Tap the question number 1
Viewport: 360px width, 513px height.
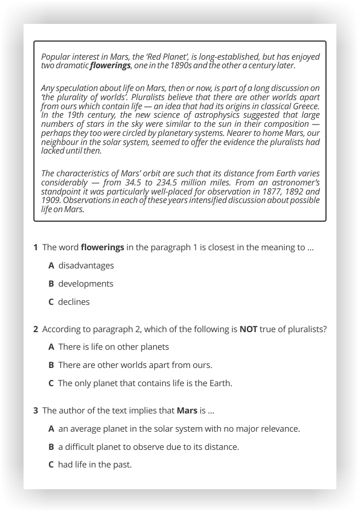(35, 247)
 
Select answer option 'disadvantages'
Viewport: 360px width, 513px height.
(86, 266)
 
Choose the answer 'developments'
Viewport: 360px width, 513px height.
(86, 284)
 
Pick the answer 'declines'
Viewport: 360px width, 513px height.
(74, 302)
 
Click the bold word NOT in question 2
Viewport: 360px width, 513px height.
(249, 329)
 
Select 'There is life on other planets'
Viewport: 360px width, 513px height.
(114, 347)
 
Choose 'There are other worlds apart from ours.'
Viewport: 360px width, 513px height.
(135, 365)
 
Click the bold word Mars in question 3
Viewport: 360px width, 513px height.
(187, 410)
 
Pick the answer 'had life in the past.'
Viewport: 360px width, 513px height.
(94, 465)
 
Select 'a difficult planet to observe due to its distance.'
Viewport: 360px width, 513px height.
(148, 446)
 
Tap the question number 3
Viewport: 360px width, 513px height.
(35, 410)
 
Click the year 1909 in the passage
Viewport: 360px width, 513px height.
(51, 200)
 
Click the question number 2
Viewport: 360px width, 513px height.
(35, 329)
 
